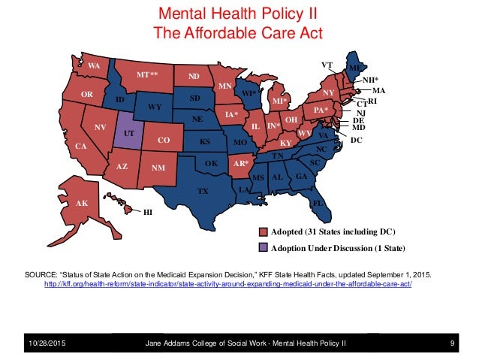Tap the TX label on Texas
(203, 192)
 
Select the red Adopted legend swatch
(263, 231)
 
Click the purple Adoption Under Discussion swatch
(263, 248)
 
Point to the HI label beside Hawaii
(148, 212)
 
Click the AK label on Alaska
(82, 203)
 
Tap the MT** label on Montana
(147, 74)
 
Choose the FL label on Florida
(318, 203)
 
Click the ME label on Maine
(354, 68)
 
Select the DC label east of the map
(356, 140)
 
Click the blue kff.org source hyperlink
(228, 284)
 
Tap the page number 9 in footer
(452, 343)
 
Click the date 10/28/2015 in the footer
(47, 343)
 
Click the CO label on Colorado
(164, 140)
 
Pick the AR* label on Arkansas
(241, 163)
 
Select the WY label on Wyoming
(155, 107)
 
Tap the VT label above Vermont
(327, 65)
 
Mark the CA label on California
(81, 147)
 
